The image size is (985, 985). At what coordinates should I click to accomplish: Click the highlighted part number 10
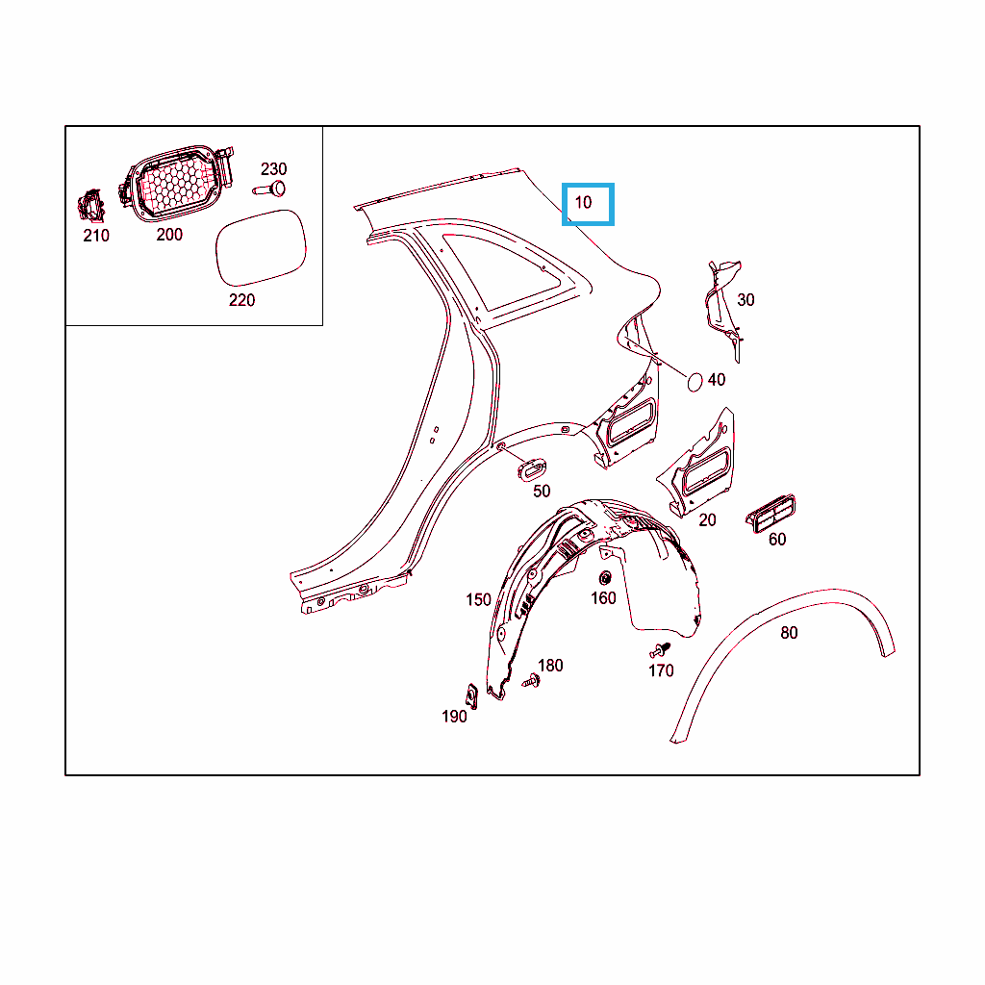[x=584, y=202]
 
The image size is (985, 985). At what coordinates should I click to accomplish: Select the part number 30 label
[x=745, y=300]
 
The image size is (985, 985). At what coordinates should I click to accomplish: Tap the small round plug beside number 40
[x=695, y=382]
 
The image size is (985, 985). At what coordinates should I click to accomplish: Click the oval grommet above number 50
[x=531, y=469]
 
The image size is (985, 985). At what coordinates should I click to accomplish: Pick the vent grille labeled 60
[x=770, y=514]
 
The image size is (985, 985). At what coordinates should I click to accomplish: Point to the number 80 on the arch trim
[x=789, y=633]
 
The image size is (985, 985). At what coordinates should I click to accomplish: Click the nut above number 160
[x=606, y=577]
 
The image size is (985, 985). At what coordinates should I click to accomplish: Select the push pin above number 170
[x=660, y=649]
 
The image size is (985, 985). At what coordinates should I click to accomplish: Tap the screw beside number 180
[x=531, y=680]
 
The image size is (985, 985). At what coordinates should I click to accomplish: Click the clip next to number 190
[x=471, y=695]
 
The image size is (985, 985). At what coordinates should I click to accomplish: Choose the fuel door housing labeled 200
[x=178, y=183]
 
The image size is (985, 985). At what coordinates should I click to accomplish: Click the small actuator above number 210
[x=91, y=206]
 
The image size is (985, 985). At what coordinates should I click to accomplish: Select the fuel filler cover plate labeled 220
[x=261, y=247]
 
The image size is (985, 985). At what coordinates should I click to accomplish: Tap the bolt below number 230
[x=269, y=189]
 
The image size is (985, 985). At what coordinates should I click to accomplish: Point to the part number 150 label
[x=478, y=600]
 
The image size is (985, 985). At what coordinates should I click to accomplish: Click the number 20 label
[x=707, y=520]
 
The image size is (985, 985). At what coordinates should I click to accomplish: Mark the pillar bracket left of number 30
[x=723, y=310]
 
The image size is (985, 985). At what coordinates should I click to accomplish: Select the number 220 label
[x=241, y=300]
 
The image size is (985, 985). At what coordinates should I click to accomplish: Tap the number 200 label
[x=169, y=235]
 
